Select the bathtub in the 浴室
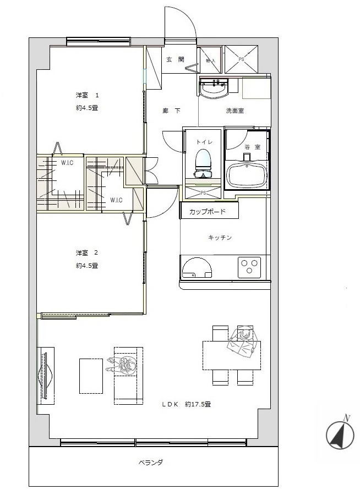pyautogui.click(x=247, y=175)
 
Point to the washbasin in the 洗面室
pyautogui.click(x=213, y=89)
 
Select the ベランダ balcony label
pyautogui.click(x=150, y=463)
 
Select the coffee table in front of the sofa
pyautogui.click(x=91, y=376)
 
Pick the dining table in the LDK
pyautogui.click(x=231, y=355)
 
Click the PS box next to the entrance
pyautogui.click(x=241, y=59)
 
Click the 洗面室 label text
pyautogui.click(x=234, y=111)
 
